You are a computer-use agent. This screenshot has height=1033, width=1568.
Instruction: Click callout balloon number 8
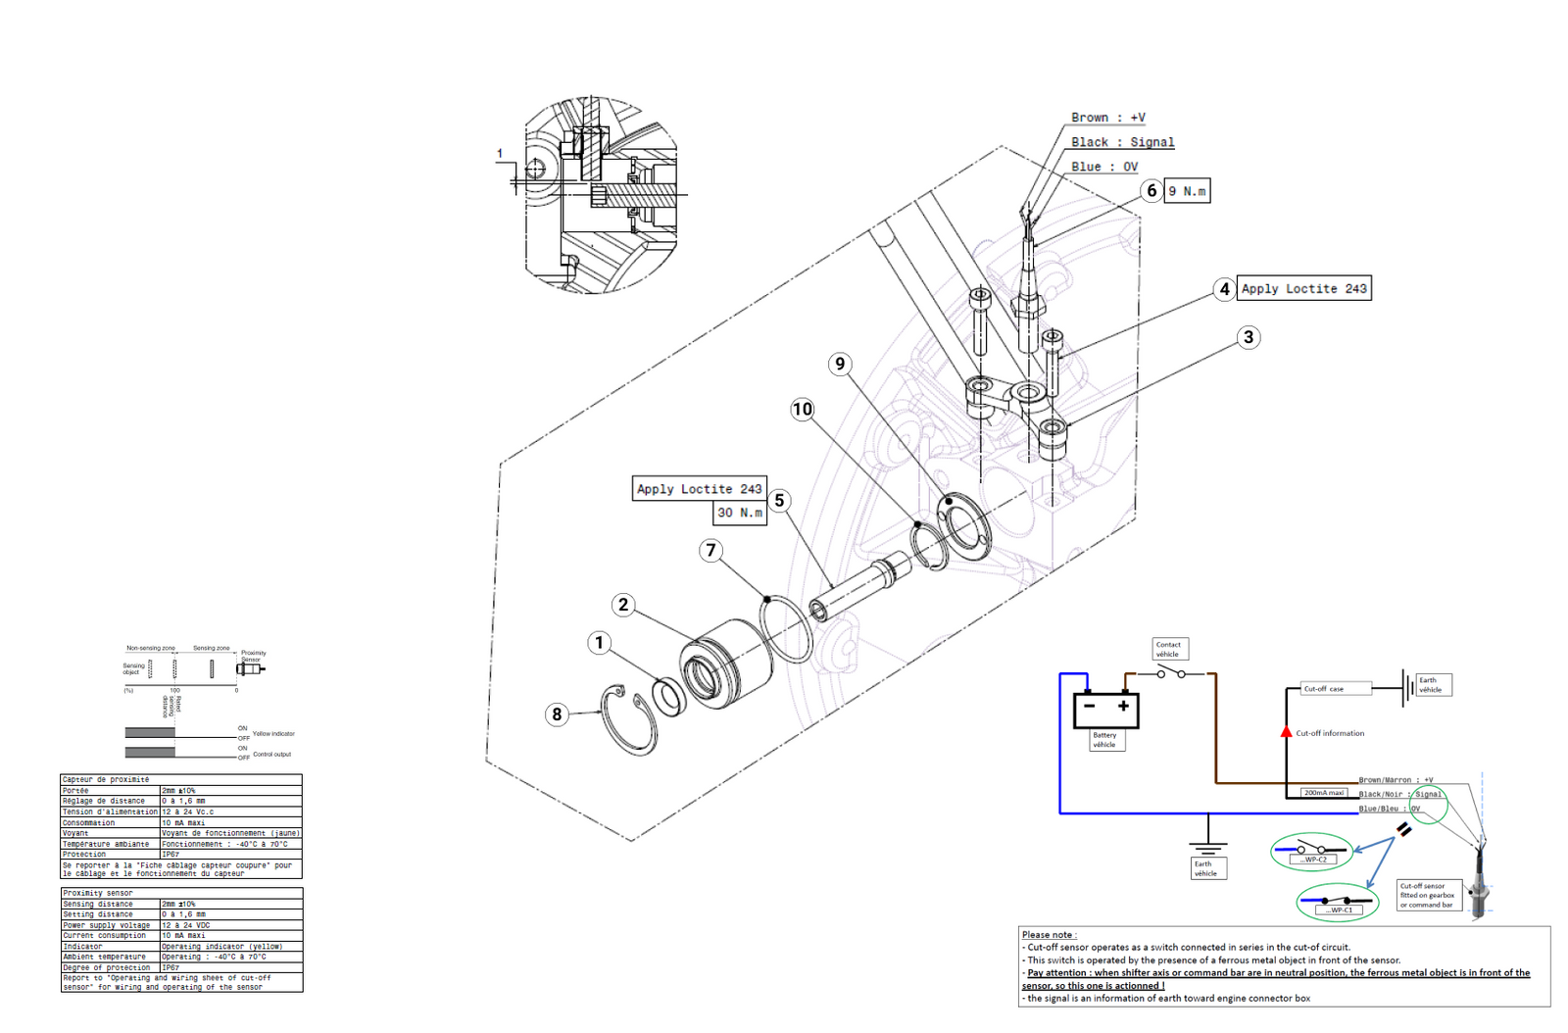coord(557,714)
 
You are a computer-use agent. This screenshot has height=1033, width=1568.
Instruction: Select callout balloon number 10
coord(803,409)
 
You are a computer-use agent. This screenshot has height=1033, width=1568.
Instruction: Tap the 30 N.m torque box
coord(740,513)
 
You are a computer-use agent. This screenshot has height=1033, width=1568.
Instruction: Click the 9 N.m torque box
coord(1187,191)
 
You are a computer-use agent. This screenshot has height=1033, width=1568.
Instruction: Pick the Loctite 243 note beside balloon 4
coord(1303,288)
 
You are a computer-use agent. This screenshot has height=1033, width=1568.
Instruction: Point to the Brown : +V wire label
coord(1107,118)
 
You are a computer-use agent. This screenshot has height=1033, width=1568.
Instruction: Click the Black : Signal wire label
coord(1122,142)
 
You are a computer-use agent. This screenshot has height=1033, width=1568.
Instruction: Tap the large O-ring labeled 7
coord(786,627)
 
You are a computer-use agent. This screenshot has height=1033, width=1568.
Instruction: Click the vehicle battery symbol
coord(1106,709)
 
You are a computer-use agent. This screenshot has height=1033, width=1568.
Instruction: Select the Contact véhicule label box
coord(1168,649)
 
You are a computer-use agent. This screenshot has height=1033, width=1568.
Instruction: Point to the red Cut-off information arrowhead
coord(1287,732)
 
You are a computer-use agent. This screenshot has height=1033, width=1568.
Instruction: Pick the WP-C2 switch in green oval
coord(1311,852)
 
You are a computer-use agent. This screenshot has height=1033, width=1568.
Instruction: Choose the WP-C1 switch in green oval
coord(1337,902)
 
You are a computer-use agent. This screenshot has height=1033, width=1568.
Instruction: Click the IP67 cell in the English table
coord(171,967)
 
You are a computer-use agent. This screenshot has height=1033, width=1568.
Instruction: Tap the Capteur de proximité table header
coord(106,779)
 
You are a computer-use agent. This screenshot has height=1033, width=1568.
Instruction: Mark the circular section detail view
coord(601,195)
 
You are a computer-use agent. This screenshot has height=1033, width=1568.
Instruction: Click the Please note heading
coord(1049,934)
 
